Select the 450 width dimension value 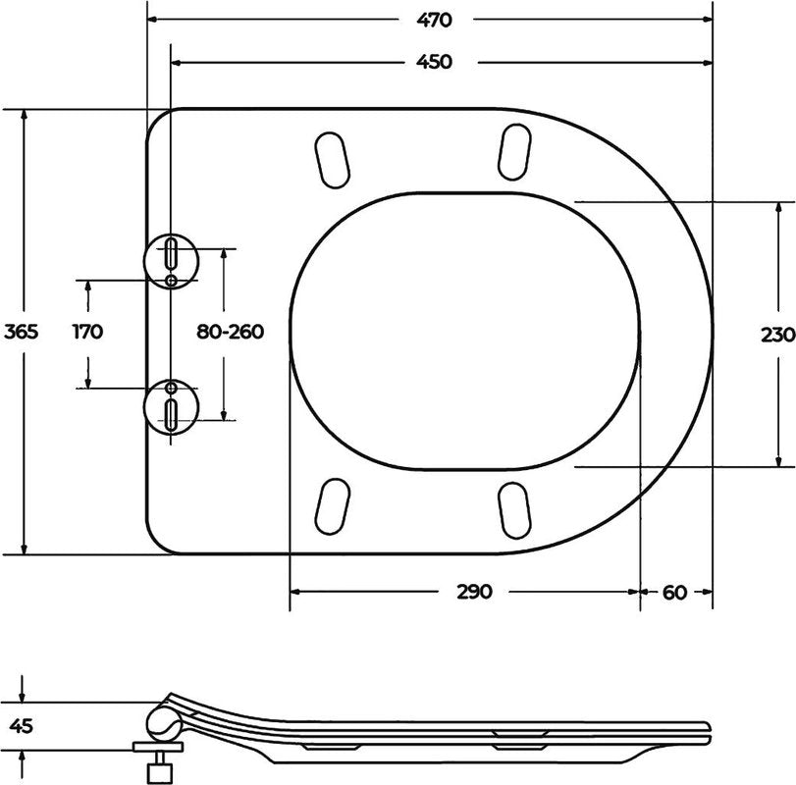click(x=433, y=62)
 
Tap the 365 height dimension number click(x=21, y=332)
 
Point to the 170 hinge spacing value click(x=87, y=332)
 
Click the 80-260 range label click(x=230, y=332)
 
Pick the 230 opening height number click(x=776, y=334)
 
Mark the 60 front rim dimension click(x=674, y=592)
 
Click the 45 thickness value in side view click(x=22, y=727)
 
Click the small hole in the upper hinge click(x=172, y=281)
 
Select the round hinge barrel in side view click(x=162, y=724)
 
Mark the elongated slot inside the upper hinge click(x=172, y=253)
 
